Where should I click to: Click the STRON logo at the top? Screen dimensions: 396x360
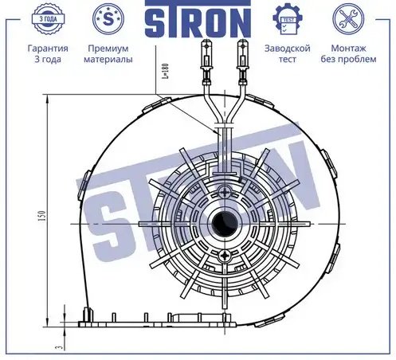pyautogui.click(x=198, y=18)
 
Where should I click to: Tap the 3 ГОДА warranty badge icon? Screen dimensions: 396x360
pyautogui.click(x=48, y=19)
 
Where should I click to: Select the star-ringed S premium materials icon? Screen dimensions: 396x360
pyautogui.click(x=108, y=19)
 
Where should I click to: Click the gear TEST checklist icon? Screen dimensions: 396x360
pyautogui.click(x=288, y=19)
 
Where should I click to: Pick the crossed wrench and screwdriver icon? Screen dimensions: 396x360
pyautogui.click(x=348, y=19)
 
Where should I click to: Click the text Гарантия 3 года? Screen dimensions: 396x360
pyautogui.click(x=48, y=53)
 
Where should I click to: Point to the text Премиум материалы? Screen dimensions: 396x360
pyautogui.click(x=108, y=53)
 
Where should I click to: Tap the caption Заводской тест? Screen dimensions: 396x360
pyautogui.click(x=288, y=53)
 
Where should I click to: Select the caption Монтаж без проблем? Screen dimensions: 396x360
pyautogui.click(x=348, y=53)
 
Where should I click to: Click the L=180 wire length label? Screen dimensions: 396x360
pyautogui.click(x=165, y=71)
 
